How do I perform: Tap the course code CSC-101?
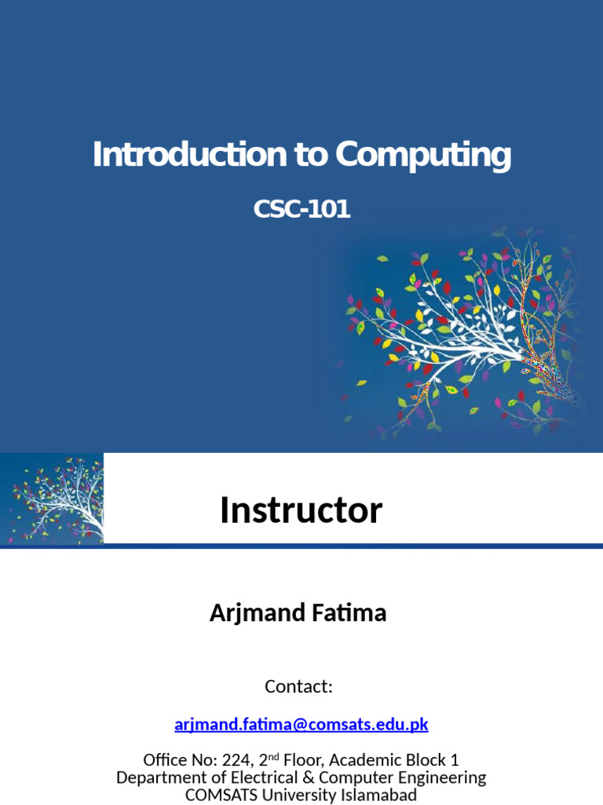click(301, 210)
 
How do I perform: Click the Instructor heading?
click(301, 511)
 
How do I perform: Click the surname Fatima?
click(350, 613)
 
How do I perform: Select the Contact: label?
click(299, 686)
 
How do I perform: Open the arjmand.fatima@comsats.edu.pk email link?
click(301, 724)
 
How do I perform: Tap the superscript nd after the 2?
click(272, 756)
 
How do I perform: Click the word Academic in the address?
click(369, 761)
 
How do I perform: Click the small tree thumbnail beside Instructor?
click(52, 499)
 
